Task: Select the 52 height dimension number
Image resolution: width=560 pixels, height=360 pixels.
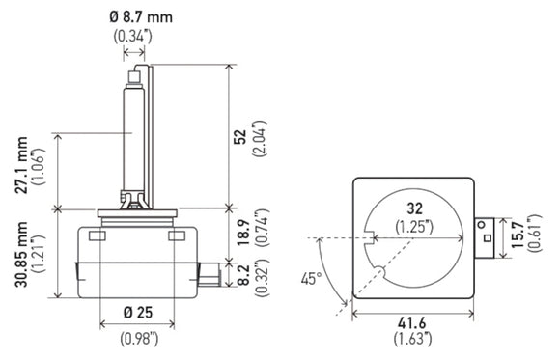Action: (x=239, y=138)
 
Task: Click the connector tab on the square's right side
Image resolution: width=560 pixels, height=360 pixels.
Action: (x=488, y=235)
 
